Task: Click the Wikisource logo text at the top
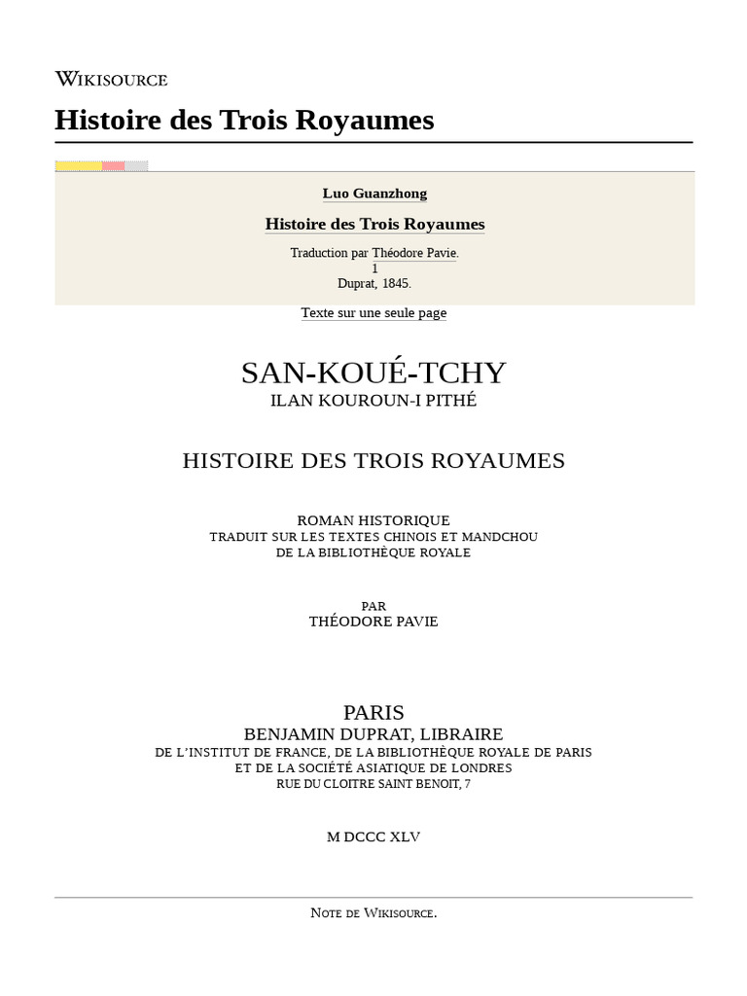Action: (x=111, y=79)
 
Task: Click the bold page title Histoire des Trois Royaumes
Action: (x=244, y=121)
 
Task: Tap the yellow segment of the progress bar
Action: (x=78, y=166)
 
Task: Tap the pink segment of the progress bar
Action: (x=114, y=166)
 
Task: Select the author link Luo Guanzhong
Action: (x=374, y=194)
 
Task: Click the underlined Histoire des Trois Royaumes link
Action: (x=374, y=224)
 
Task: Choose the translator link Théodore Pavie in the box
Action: (x=414, y=253)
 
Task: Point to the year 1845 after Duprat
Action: (x=396, y=283)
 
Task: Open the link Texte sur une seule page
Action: (x=373, y=312)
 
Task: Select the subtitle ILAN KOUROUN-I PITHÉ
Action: (x=373, y=400)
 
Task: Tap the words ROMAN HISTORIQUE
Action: (x=373, y=520)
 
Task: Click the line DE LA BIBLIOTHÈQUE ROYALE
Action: (x=373, y=552)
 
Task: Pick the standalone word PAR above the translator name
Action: (x=373, y=606)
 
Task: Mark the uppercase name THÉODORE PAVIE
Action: (x=373, y=622)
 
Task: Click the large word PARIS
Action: (x=373, y=713)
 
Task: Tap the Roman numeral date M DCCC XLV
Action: (x=373, y=836)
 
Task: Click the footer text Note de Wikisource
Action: (x=373, y=912)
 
